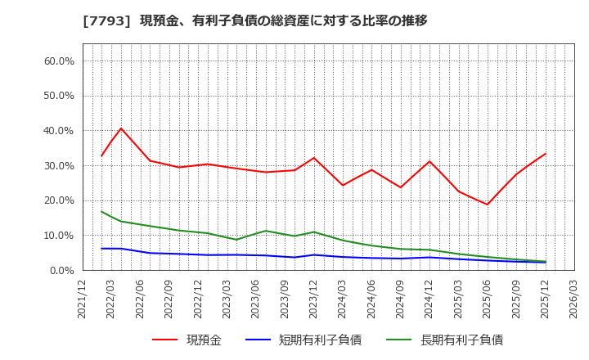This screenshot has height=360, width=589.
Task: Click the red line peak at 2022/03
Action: click(x=121, y=128)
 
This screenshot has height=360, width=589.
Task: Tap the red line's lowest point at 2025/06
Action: click(x=488, y=205)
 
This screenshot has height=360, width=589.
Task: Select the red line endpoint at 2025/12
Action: click(x=545, y=154)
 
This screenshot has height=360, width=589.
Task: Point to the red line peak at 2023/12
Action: click(x=313, y=158)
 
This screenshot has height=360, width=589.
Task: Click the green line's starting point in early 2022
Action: click(x=101, y=211)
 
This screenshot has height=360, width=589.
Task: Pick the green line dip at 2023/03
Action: click(x=236, y=240)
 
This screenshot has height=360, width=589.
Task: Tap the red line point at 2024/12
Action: click(x=429, y=161)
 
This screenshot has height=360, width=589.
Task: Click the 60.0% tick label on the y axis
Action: click(x=58, y=61)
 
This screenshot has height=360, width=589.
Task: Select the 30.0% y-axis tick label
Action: click(x=58, y=166)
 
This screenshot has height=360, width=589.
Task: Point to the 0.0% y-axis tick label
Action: click(x=61, y=271)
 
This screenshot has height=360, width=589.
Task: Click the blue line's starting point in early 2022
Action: click(x=101, y=249)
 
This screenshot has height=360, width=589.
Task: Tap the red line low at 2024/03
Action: click(x=342, y=185)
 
